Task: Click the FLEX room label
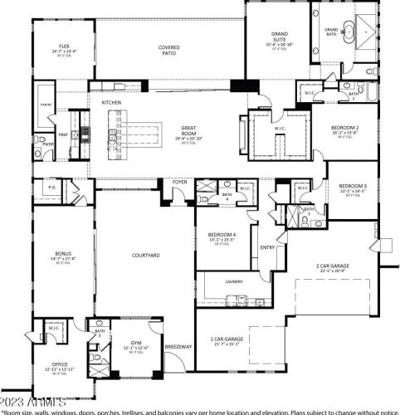(x=63, y=46)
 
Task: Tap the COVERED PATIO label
(x=169, y=48)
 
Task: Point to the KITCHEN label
(x=112, y=102)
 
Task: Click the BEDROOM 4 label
(x=222, y=236)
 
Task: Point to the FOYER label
(x=180, y=182)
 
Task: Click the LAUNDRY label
(x=235, y=281)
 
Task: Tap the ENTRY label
(x=267, y=247)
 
